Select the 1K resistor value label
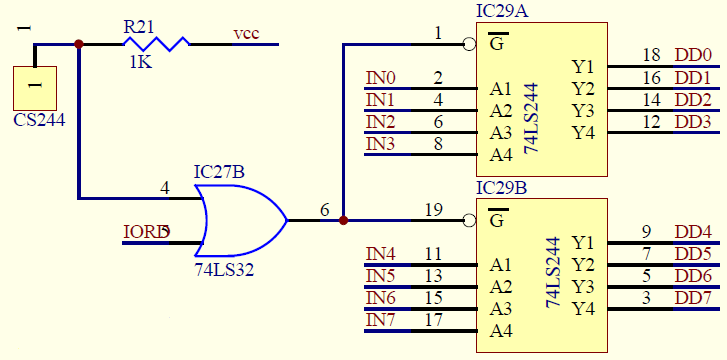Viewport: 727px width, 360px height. [x=140, y=62]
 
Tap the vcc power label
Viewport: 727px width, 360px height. [x=246, y=34]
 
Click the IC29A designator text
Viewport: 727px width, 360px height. [x=502, y=12]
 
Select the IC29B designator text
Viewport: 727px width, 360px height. [x=502, y=187]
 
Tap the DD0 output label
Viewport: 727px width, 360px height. [x=693, y=55]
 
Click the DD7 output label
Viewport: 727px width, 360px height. [x=693, y=297]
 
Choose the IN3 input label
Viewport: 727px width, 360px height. [x=380, y=144]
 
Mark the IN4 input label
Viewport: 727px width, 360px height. [x=380, y=253]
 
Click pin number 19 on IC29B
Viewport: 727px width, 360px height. [x=433, y=209]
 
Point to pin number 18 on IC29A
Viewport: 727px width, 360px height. [x=651, y=55]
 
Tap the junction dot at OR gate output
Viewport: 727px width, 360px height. [x=343, y=220]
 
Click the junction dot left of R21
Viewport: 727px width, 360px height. [x=79, y=44]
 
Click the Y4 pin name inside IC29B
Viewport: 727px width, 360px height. [x=584, y=308]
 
